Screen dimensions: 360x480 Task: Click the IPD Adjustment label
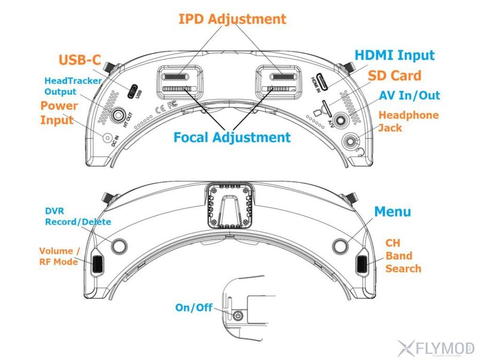click(x=232, y=20)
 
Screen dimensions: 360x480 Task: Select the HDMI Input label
click(x=395, y=56)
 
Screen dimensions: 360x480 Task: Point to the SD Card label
click(x=394, y=76)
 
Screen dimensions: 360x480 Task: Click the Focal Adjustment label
click(x=232, y=137)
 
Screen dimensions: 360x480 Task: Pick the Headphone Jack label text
click(x=408, y=121)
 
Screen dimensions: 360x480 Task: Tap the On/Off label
click(x=193, y=308)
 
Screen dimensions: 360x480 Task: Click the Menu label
click(x=392, y=211)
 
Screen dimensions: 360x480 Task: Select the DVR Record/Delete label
click(x=78, y=217)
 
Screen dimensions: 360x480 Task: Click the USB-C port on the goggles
click(x=133, y=91)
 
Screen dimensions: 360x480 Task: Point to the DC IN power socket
click(x=108, y=138)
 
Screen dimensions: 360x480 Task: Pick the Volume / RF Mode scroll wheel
click(x=97, y=264)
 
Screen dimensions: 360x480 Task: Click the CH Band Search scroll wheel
click(x=363, y=264)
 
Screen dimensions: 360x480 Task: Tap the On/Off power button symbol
click(x=237, y=315)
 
